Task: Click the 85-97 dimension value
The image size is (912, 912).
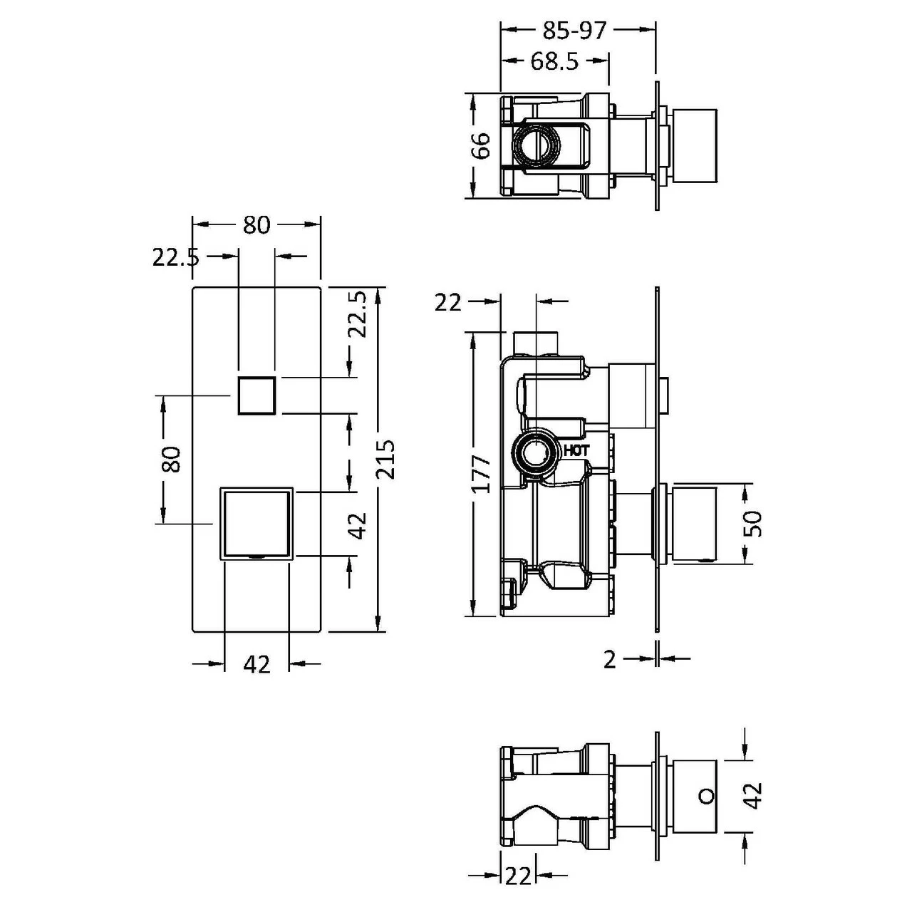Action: [574, 31]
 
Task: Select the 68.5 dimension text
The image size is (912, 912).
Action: [554, 62]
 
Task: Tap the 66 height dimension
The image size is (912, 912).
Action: [482, 146]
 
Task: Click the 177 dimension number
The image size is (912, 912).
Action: [482, 474]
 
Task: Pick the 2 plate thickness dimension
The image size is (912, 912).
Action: [609, 660]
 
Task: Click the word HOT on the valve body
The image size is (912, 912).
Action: [576, 450]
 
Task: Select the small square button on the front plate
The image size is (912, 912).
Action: [256, 395]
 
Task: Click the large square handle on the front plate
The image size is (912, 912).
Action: [256, 523]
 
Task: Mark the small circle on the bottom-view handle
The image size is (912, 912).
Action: [705, 795]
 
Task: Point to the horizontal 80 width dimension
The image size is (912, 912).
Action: [256, 224]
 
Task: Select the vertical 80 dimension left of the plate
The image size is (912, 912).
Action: [172, 460]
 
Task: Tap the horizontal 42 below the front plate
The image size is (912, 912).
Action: [256, 664]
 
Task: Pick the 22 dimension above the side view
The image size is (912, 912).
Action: [448, 303]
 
